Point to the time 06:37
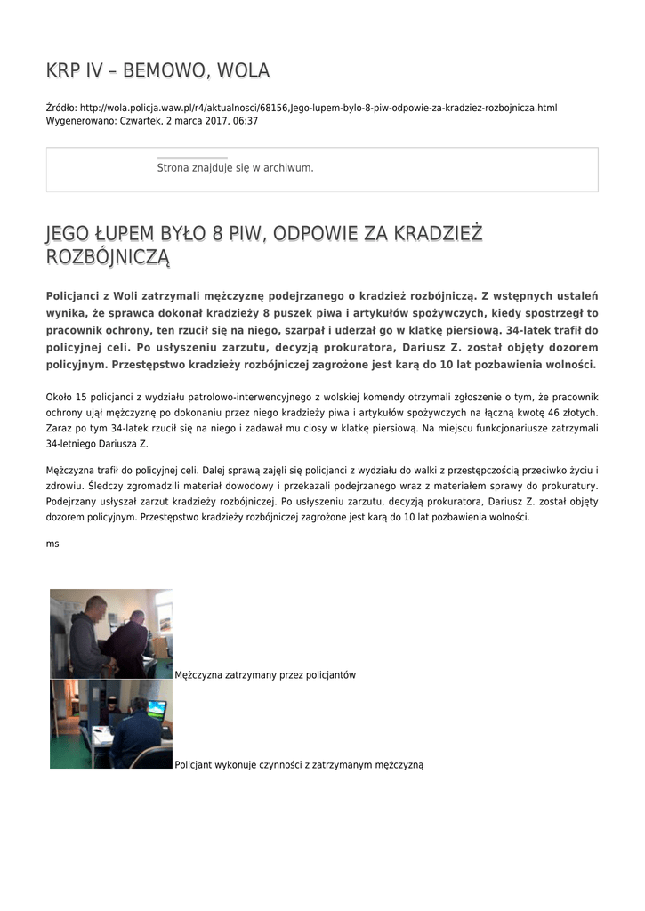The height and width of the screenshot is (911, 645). tap(246, 120)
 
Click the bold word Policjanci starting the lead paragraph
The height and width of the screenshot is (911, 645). tap(81, 296)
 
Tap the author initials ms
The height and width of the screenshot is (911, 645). tap(52, 543)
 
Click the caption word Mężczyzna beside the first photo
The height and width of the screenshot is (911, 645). tap(203, 675)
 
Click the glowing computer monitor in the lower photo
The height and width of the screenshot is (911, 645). tap(157, 709)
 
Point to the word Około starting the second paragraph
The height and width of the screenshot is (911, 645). tap(60, 397)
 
